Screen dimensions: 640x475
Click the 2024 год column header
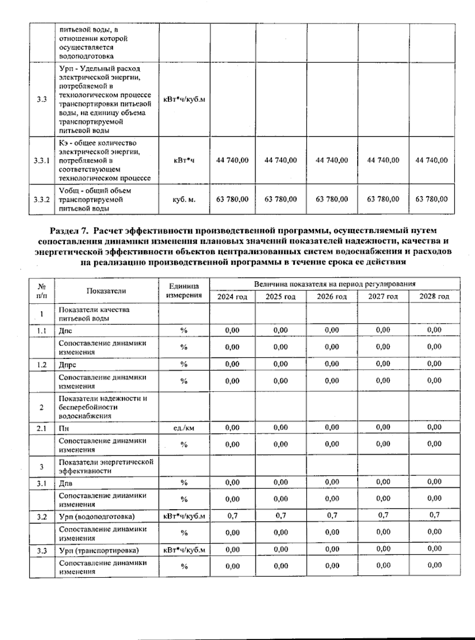coord(232,296)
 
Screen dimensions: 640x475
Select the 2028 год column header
coord(434,296)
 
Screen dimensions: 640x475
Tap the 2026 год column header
coord(332,296)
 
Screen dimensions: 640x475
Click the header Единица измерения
coord(184,290)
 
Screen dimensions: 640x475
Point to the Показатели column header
coord(106,290)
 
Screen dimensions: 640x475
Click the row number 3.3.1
coord(42,160)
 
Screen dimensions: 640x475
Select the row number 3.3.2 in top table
coord(42,199)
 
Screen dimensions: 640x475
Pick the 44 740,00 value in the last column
coord(431,160)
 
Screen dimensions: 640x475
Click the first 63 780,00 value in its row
coord(232,199)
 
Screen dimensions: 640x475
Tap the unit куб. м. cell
coord(184,199)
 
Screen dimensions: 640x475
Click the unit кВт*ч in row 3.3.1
coord(184,160)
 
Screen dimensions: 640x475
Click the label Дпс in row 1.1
coord(66,331)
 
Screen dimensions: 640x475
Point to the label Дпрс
coord(67,365)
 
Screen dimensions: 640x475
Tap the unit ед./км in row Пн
coord(184,428)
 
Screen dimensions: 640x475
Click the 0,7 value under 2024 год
coord(232,515)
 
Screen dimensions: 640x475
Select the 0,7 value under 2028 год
coord(434,515)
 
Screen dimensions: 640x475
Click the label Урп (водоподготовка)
coord(97,516)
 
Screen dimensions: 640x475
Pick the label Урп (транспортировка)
coord(99,550)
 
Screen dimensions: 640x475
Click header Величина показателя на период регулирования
coord(334,284)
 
